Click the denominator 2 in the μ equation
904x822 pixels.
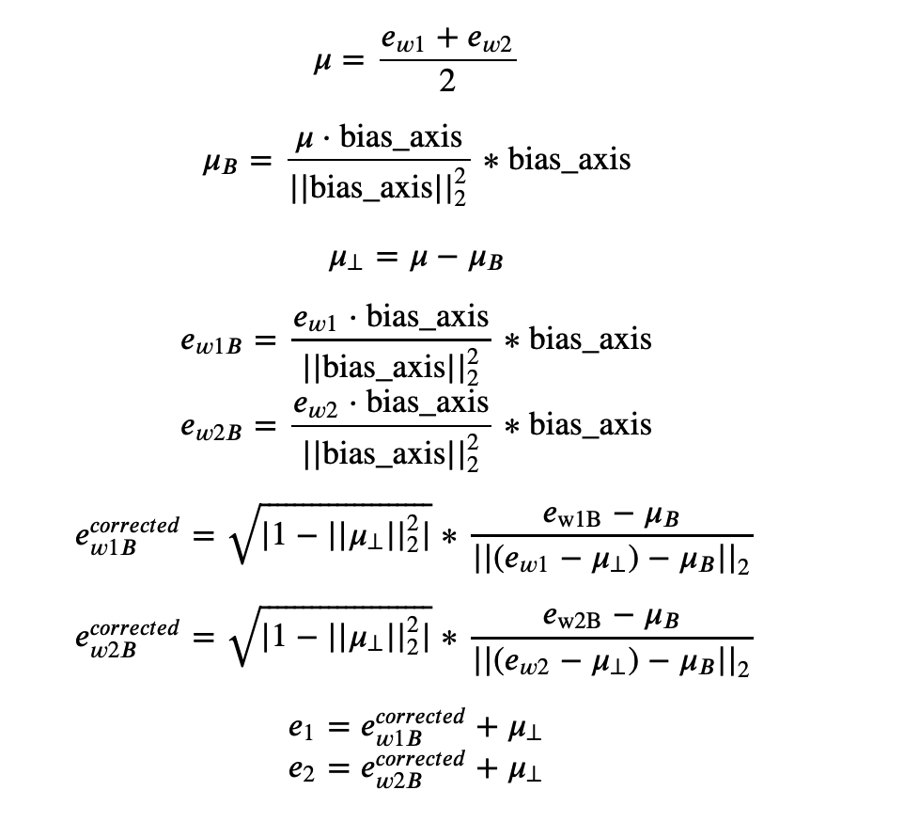[447, 83]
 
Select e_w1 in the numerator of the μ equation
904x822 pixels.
[402, 41]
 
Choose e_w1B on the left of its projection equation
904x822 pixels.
[211, 342]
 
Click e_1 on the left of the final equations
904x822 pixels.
[300, 728]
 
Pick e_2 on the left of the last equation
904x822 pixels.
[300, 769]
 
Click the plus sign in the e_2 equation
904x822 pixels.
[486, 768]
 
